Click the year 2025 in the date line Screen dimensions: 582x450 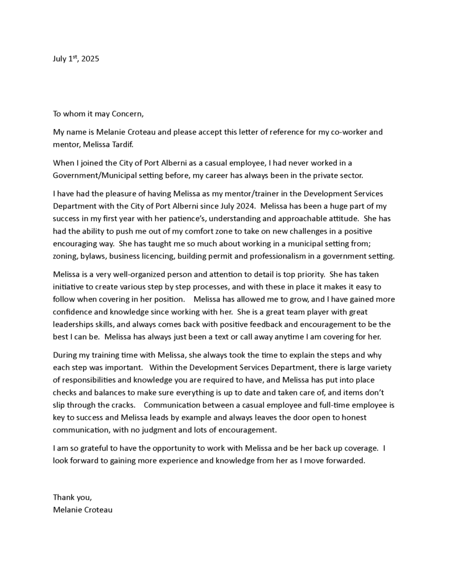pyautogui.click(x=90, y=59)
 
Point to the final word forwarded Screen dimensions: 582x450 pyautogui.click(x=343, y=460)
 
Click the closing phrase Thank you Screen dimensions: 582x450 pyautogui.click(x=72, y=497)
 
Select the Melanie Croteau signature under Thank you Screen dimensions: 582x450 pyautogui.click(x=82, y=510)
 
